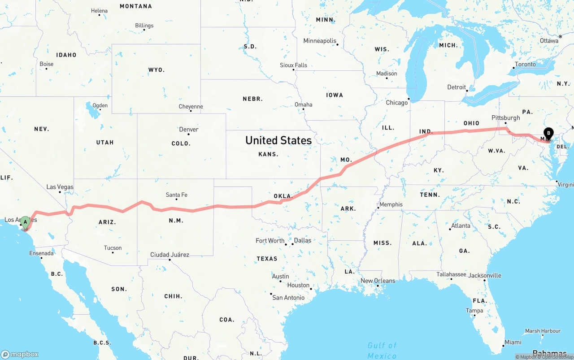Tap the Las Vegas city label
(60, 187)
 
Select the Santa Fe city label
(176, 195)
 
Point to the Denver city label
(189, 130)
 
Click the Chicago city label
(397, 103)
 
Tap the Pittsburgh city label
(506, 118)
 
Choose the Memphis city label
(391, 204)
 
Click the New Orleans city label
(378, 281)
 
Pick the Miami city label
(513, 342)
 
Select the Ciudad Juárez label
(170, 255)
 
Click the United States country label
(278, 140)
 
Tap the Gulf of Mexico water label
(382, 350)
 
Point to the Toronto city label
(525, 65)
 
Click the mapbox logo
(20, 354)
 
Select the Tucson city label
(113, 247)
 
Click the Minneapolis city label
(320, 41)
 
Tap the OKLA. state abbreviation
(283, 196)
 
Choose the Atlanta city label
(461, 226)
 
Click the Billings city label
(144, 26)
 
